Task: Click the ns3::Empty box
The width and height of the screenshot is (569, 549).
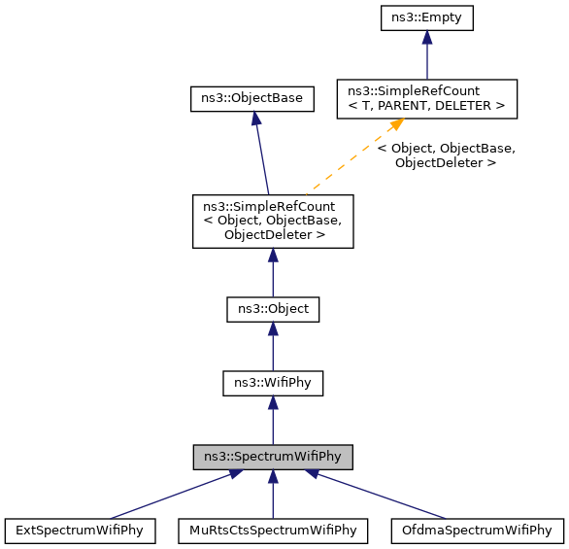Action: [x=426, y=17]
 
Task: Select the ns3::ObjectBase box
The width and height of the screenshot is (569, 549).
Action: [x=251, y=98]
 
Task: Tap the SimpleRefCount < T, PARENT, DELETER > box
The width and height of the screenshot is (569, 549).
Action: [x=426, y=98]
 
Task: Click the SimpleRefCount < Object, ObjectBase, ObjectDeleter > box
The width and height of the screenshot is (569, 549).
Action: [x=273, y=221]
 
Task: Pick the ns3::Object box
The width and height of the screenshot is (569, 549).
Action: [x=273, y=309]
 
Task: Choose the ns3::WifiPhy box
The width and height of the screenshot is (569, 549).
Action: [x=273, y=383]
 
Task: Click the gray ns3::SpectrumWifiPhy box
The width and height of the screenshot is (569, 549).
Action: [x=273, y=456]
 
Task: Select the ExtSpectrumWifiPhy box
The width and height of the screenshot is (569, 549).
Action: [x=81, y=531]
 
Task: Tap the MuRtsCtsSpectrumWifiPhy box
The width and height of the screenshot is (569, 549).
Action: [x=273, y=531]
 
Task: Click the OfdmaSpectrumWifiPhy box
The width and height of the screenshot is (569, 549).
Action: [x=476, y=531]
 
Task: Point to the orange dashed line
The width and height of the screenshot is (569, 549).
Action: [x=350, y=161]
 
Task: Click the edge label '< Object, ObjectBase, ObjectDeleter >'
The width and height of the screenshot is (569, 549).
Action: [x=446, y=155]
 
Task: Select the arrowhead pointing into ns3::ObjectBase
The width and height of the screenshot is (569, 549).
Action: [x=253, y=118]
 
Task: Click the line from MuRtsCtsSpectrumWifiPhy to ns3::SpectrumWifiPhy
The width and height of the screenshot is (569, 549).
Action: [x=273, y=500]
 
